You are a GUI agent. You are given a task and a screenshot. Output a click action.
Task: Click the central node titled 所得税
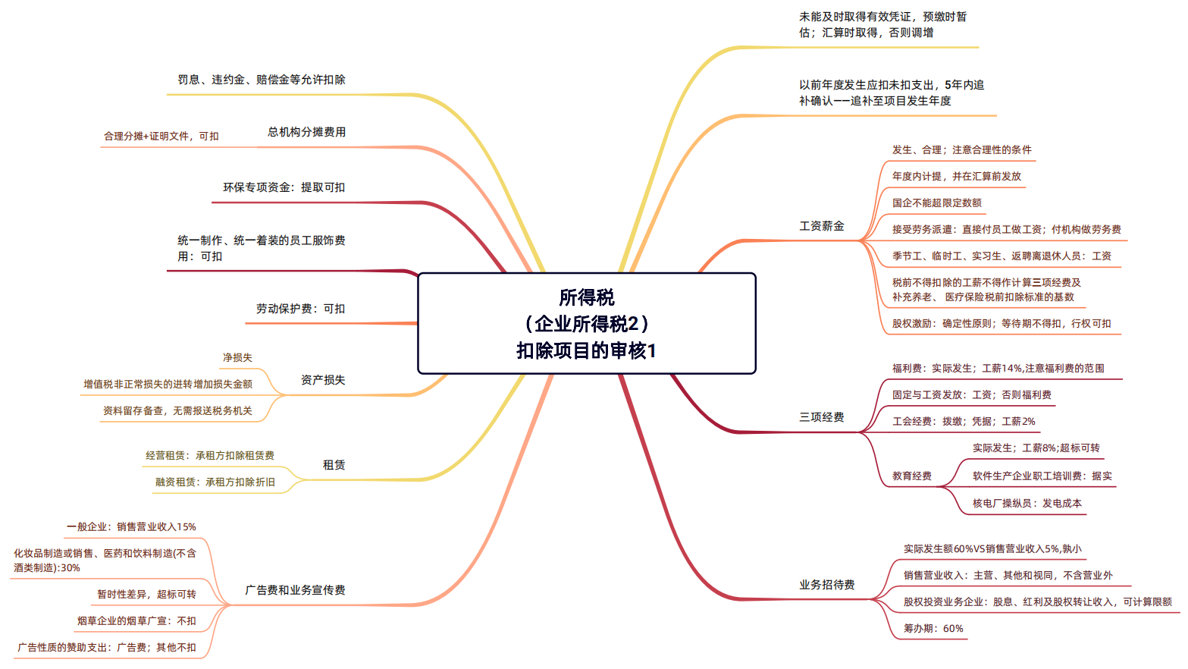(x=587, y=324)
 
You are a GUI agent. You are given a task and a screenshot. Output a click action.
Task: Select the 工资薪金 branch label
(x=822, y=226)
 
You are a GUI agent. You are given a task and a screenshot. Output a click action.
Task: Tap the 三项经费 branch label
(x=822, y=417)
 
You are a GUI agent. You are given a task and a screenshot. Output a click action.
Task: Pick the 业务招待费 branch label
(x=827, y=585)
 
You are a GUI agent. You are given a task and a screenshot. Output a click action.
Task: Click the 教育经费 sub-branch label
(x=912, y=476)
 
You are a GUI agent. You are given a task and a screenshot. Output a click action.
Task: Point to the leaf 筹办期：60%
(x=933, y=628)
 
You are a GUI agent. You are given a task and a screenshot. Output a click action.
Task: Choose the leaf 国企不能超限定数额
(x=936, y=203)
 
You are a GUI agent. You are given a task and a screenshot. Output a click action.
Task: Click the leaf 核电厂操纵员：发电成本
(x=1027, y=503)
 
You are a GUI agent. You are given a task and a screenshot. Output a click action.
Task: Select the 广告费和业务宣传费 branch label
(x=295, y=590)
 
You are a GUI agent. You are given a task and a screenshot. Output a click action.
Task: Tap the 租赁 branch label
(x=334, y=465)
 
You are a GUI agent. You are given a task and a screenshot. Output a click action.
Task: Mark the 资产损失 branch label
(x=323, y=380)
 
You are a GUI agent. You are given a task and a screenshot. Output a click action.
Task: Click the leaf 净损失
(x=237, y=357)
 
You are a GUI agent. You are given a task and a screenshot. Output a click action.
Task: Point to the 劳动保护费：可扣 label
(x=301, y=309)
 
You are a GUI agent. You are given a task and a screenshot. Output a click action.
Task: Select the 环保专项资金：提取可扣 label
(x=284, y=187)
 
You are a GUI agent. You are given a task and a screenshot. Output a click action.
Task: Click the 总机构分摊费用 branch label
(x=306, y=132)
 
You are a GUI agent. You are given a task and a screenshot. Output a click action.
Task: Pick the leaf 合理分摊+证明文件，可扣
(x=161, y=137)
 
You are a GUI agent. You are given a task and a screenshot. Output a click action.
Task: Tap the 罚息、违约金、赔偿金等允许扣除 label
(x=262, y=80)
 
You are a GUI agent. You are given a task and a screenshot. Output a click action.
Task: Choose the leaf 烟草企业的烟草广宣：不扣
(x=136, y=620)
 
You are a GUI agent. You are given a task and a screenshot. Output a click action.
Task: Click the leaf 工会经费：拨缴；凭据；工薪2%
(x=964, y=421)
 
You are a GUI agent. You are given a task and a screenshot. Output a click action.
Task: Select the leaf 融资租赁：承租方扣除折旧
(x=215, y=482)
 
